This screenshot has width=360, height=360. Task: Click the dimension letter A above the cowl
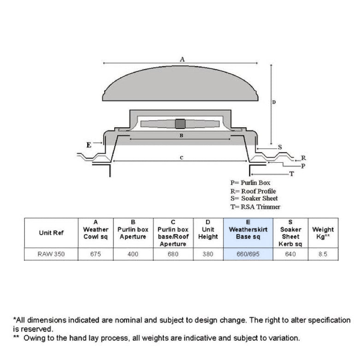coord(182,59)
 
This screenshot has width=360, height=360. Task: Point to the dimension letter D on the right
coord(273,102)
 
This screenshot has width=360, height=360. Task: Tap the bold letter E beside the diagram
coord(89,145)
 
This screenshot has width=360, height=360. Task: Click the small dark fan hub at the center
coord(180,124)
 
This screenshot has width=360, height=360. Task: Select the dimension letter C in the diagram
coord(182,158)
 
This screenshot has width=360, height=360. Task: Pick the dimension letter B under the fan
coord(182,136)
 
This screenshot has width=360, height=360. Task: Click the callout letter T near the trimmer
coord(291,174)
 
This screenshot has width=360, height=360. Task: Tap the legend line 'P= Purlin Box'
coord(250,183)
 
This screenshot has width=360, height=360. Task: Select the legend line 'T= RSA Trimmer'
coord(255,207)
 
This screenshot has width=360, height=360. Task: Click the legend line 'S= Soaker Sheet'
coord(254,199)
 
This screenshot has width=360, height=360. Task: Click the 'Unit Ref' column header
coord(51,233)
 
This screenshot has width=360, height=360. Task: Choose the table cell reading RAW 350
coord(51,254)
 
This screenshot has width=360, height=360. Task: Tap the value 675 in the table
coord(95,254)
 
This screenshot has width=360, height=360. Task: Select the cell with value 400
coord(133,254)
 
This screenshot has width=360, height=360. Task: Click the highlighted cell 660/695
coord(248,254)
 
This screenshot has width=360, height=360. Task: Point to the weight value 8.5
coord(323,254)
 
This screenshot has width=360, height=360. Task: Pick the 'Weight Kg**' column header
coord(323,233)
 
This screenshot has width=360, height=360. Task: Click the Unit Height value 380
coord(208,254)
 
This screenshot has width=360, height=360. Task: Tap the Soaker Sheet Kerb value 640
coord(290,254)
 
